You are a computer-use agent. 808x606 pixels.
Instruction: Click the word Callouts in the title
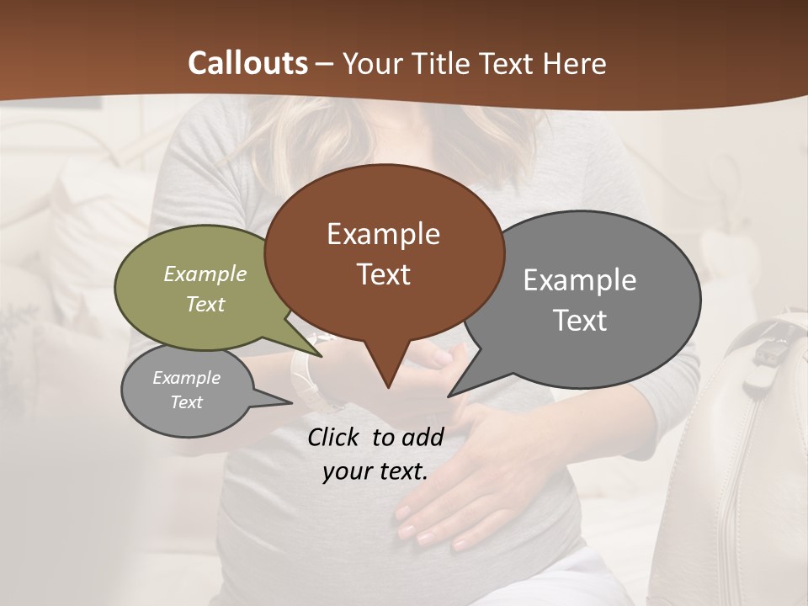point(247,63)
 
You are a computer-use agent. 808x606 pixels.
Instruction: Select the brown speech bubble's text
point(384,253)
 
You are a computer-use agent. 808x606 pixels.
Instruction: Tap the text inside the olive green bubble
point(205,289)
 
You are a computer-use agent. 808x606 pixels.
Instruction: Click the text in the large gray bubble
point(580,300)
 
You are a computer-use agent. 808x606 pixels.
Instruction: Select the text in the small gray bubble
point(187,390)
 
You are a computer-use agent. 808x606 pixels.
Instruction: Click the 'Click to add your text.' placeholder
point(375,454)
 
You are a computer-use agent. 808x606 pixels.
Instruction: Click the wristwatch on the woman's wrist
point(304,379)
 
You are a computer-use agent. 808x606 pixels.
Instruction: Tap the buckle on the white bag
point(767,353)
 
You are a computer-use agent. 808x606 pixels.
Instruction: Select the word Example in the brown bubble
point(384,234)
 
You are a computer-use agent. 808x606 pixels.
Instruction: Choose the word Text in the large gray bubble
point(580,321)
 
